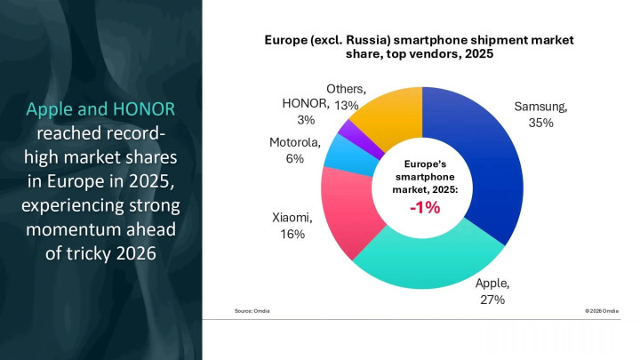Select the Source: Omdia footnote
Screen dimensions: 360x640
252,310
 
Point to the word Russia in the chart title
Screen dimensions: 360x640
367,40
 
